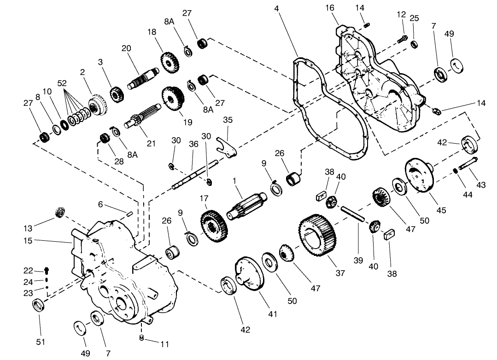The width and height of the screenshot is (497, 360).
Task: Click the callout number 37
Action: click(x=340, y=273)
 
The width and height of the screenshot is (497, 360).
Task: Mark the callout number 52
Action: click(x=62, y=83)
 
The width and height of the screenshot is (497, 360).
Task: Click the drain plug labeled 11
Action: click(x=142, y=338)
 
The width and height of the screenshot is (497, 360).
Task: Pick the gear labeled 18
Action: click(x=170, y=62)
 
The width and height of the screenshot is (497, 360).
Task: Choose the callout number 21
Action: click(x=151, y=143)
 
